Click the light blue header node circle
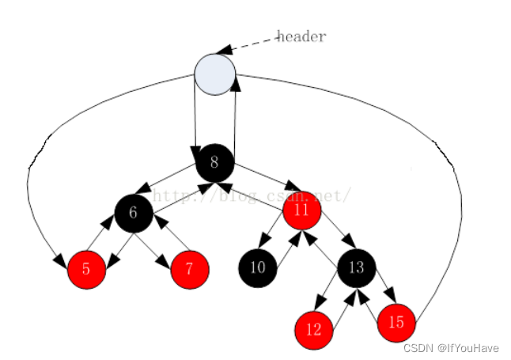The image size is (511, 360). pyautogui.click(x=215, y=73)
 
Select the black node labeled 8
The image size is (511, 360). pyautogui.click(x=215, y=163)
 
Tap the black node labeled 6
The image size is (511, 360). pyautogui.click(x=133, y=212)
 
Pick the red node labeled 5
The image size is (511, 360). pyautogui.click(x=87, y=269)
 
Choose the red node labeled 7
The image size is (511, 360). pyautogui.click(x=190, y=269)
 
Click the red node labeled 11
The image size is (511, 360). pyautogui.click(x=301, y=210)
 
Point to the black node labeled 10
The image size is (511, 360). pyautogui.click(x=258, y=267)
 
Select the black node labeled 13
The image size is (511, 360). pyautogui.click(x=357, y=267)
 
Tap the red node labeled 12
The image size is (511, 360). pyautogui.click(x=314, y=330)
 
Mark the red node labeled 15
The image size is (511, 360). pyautogui.click(x=396, y=322)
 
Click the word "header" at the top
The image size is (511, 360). pyautogui.click(x=301, y=36)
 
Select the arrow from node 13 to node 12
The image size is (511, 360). pyautogui.click(x=328, y=297)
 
